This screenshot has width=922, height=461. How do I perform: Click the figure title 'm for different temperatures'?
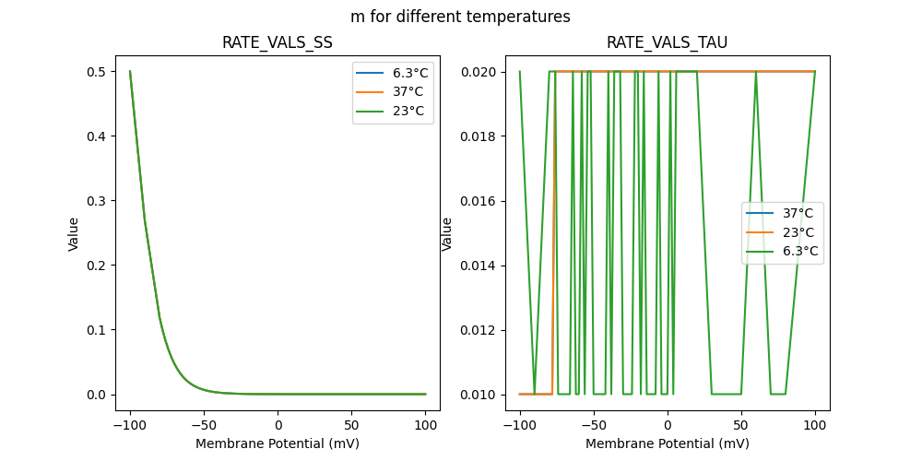[460, 17]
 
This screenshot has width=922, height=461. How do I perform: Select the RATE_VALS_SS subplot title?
[278, 43]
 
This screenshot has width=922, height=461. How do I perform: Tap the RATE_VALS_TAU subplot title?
[667, 43]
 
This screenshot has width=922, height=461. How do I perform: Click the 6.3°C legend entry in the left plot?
[404, 73]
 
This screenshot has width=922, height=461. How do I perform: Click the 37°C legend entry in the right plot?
[793, 213]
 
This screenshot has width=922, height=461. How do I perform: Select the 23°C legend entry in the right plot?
[793, 232]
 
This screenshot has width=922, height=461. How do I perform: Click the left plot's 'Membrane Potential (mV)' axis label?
[278, 443]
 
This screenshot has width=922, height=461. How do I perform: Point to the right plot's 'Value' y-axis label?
[447, 233]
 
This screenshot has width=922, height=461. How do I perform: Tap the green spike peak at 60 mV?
[756, 73]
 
